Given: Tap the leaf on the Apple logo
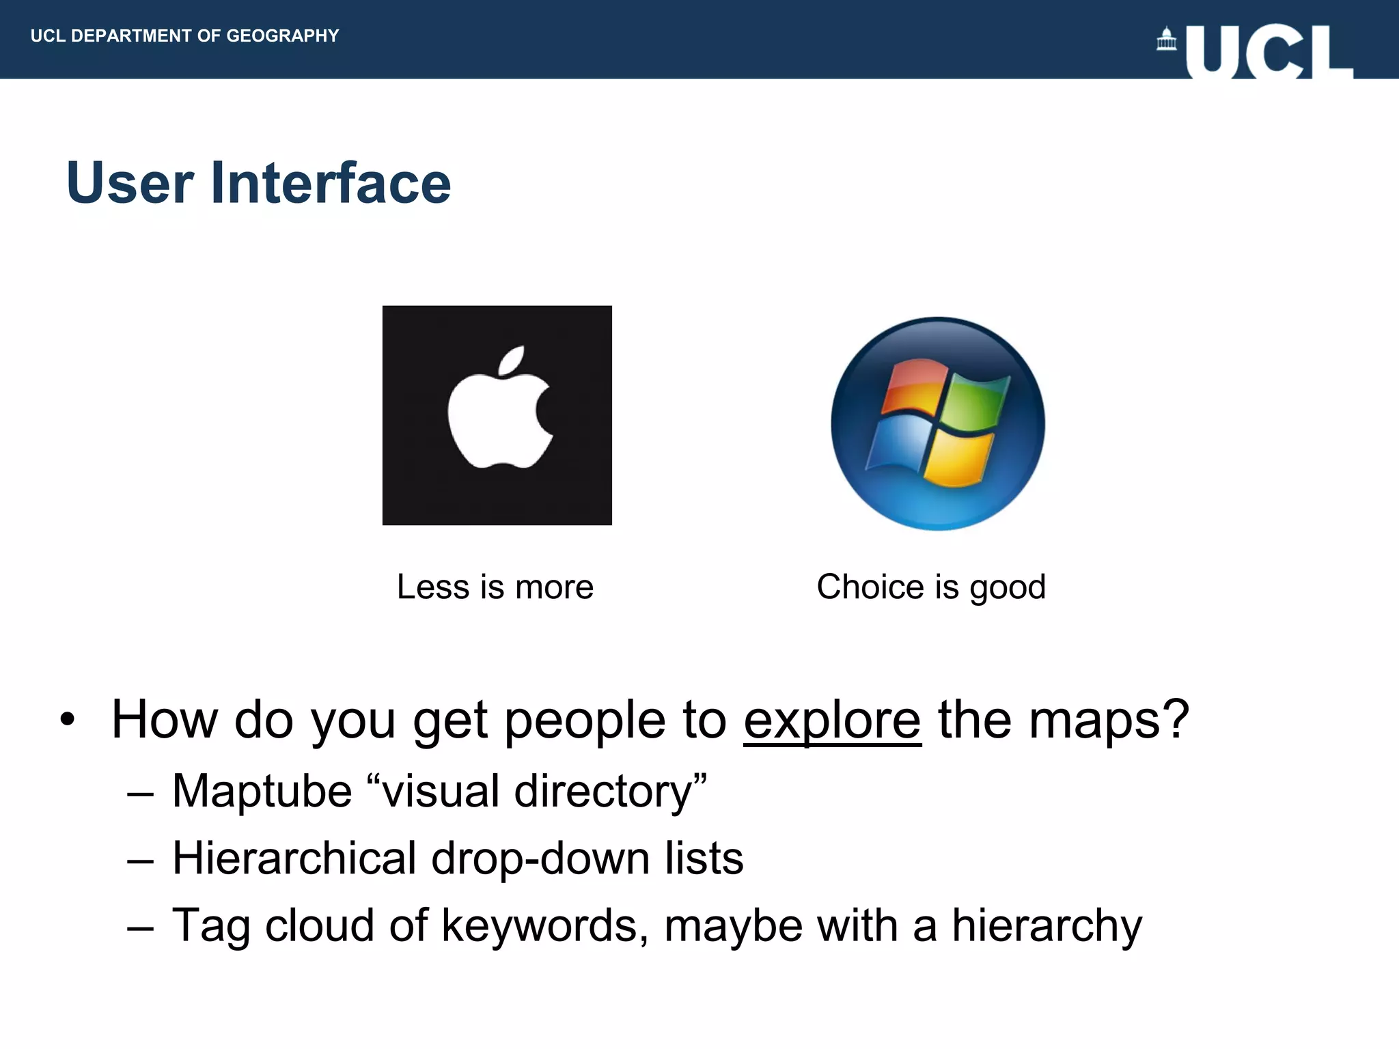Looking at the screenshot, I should (x=512, y=361).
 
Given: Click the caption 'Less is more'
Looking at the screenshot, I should (x=495, y=587).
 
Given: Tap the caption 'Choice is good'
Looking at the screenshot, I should (x=931, y=587).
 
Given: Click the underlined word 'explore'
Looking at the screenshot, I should (x=832, y=720).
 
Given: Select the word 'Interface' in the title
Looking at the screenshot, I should (x=331, y=183).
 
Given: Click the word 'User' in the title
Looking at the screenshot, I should (x=130, y=183).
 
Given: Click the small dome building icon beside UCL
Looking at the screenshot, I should (x=1166, y=39).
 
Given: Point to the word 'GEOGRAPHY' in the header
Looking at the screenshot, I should (x=283, y=36).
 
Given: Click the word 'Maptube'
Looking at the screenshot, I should (x=262, y=791).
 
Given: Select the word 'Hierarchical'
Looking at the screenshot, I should (x=294, y=858).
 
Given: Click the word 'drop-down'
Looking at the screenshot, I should (x=540, y=858).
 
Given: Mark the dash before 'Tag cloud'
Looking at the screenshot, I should (x=140, y=929).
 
